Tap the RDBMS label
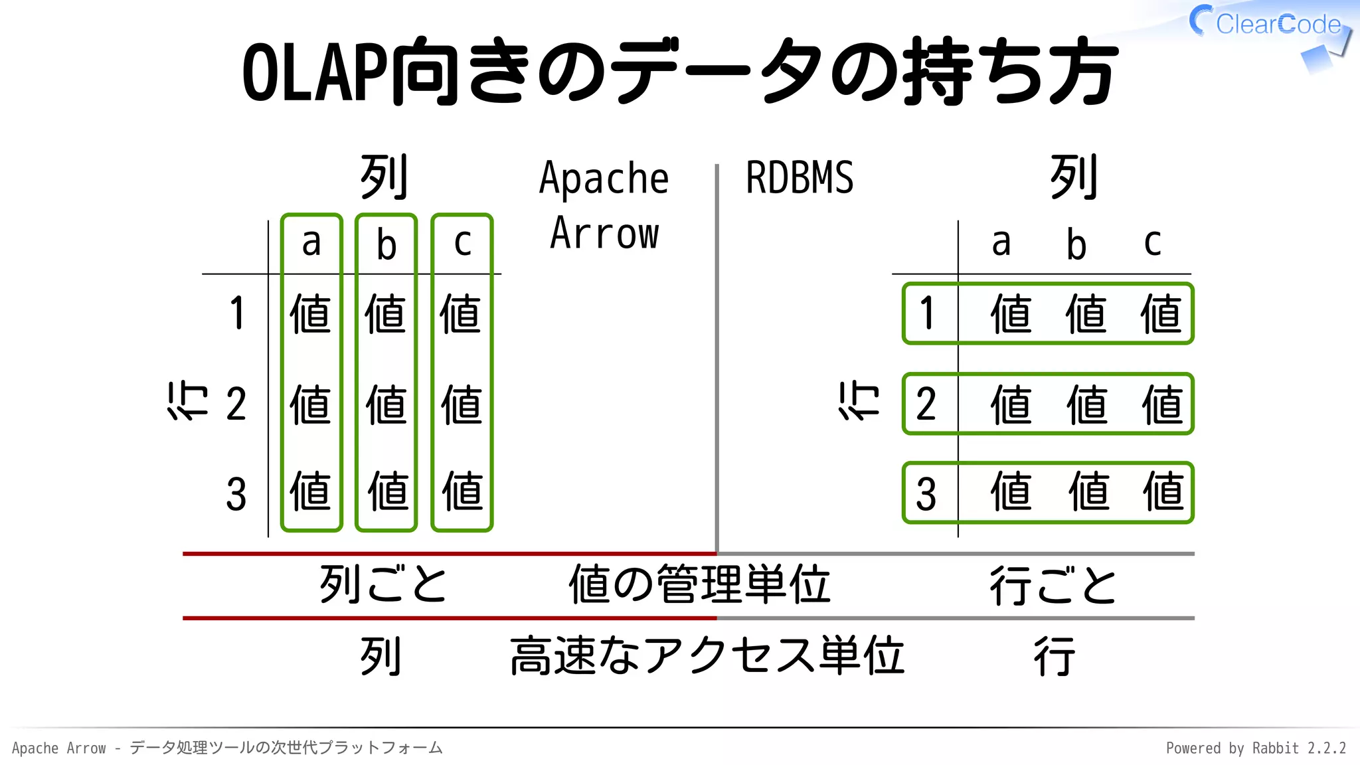799,178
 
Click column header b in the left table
386,244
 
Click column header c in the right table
1152,242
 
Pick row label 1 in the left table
237,313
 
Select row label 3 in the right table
926,494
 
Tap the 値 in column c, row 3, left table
462,491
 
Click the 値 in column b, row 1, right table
1086,313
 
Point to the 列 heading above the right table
1074,177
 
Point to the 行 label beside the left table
187,401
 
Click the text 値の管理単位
699,584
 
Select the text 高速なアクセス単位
707,656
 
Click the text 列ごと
383,584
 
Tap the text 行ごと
1053,586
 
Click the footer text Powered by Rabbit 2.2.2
1255,748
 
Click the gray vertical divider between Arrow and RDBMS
717,359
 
